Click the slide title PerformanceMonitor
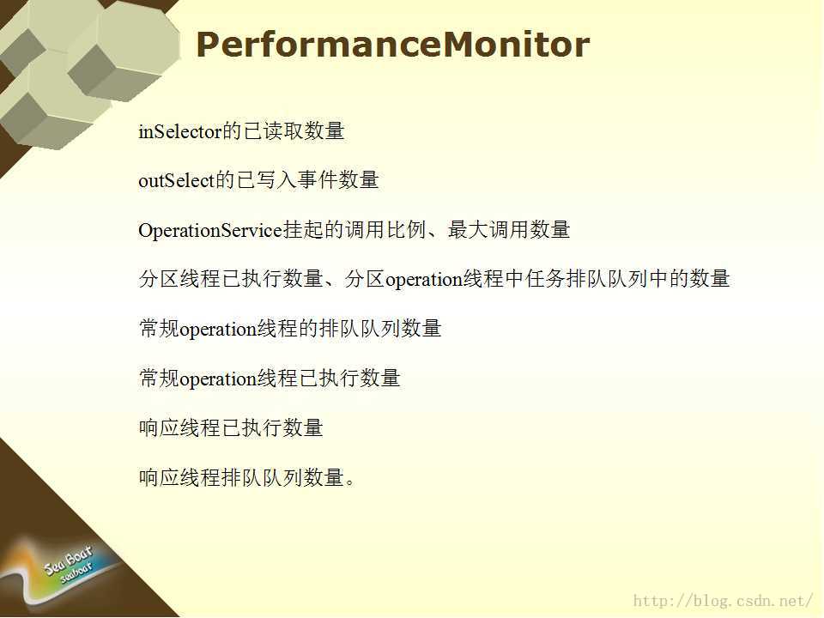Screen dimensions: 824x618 click(392, 45)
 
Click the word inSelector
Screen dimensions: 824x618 click(180, 130)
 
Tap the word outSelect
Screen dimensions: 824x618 click(177, 180)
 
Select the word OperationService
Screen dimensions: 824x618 click(211, 230)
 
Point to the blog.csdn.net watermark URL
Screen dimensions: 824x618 click(723, 600)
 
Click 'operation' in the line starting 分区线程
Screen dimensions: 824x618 click(423, 280)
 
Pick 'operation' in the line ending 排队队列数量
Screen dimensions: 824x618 click(218, 330)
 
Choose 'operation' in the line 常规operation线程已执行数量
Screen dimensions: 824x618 click(218, 379)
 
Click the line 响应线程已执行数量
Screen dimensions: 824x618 click(231, 427)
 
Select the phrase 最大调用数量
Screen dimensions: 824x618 click(509, 230)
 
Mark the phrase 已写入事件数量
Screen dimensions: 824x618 click(307, 180)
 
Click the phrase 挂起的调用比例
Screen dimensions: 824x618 click(354, 230)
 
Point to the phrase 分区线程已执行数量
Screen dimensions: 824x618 click(231, 279)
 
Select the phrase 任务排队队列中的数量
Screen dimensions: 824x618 click(627, 279)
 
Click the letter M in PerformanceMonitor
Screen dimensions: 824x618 click(463, 45)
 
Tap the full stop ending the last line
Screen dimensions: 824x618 click(350, 482)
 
